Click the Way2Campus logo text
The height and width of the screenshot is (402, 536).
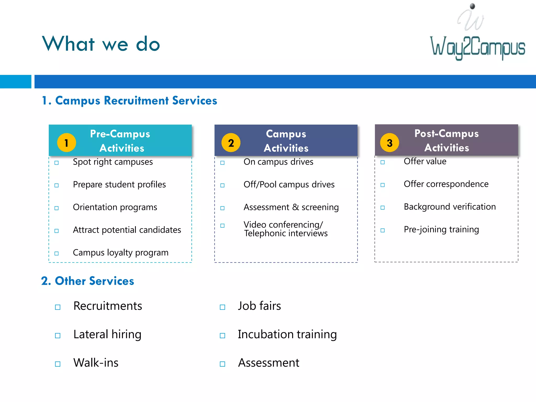tap(478, 47)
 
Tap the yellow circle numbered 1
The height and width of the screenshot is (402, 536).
tap(66, 143)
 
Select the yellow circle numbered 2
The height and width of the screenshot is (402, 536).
tap(231, 143)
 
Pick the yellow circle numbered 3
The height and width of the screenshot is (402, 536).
tap(389, 143)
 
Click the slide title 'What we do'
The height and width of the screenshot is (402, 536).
tap(101, 44)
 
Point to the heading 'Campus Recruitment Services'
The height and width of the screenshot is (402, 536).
tap(136, 100)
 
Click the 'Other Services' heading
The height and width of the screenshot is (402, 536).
tap(94, 281)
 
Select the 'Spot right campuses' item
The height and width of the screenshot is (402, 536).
tap(113, 162)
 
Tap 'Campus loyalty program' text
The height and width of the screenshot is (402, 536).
tap(121, 253)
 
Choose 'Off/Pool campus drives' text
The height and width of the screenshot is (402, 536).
tap(289, 185)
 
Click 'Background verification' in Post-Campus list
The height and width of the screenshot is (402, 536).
tap(450, 207)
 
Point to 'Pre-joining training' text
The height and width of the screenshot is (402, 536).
tap(441, 230)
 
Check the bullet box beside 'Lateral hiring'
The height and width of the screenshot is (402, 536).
tap(58, 336)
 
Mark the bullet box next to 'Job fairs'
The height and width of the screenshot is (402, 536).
tap(222, 307)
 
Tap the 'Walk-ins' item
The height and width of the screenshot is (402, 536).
tap(96, 363)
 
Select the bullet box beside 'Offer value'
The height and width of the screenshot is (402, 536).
tap(383, 162)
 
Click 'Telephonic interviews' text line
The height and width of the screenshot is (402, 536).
tap(286, 233)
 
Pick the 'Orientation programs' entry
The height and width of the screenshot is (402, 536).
tap(115, 207)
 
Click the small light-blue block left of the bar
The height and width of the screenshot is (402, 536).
tap(15, 82)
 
